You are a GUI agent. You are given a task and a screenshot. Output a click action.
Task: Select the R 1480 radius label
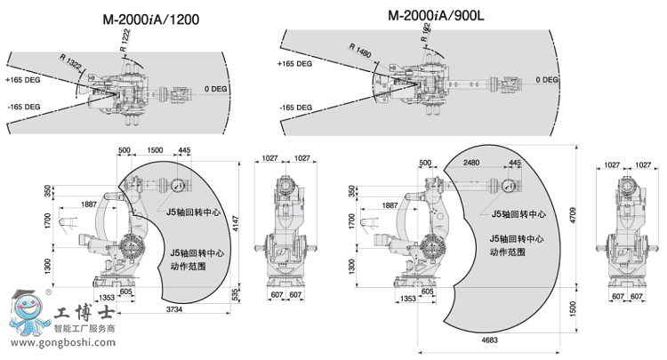point(361,52)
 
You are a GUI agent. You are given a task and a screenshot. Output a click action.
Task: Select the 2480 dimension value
point(471,163)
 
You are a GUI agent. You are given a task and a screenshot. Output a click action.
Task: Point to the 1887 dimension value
point(89,204)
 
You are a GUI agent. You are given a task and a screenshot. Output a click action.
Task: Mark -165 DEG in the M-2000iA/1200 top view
point(23,107)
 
